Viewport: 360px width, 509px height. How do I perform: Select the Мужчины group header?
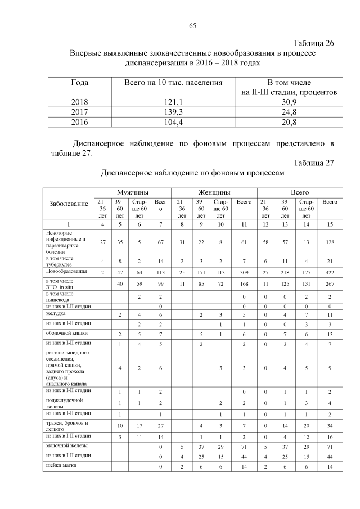pos(132,192)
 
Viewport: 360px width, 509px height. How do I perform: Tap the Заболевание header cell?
pos(69,204)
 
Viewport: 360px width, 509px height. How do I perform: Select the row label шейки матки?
pos(62,465)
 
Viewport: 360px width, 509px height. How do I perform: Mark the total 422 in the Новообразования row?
pos(330,272)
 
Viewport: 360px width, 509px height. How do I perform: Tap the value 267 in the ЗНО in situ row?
pos(330,285)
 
